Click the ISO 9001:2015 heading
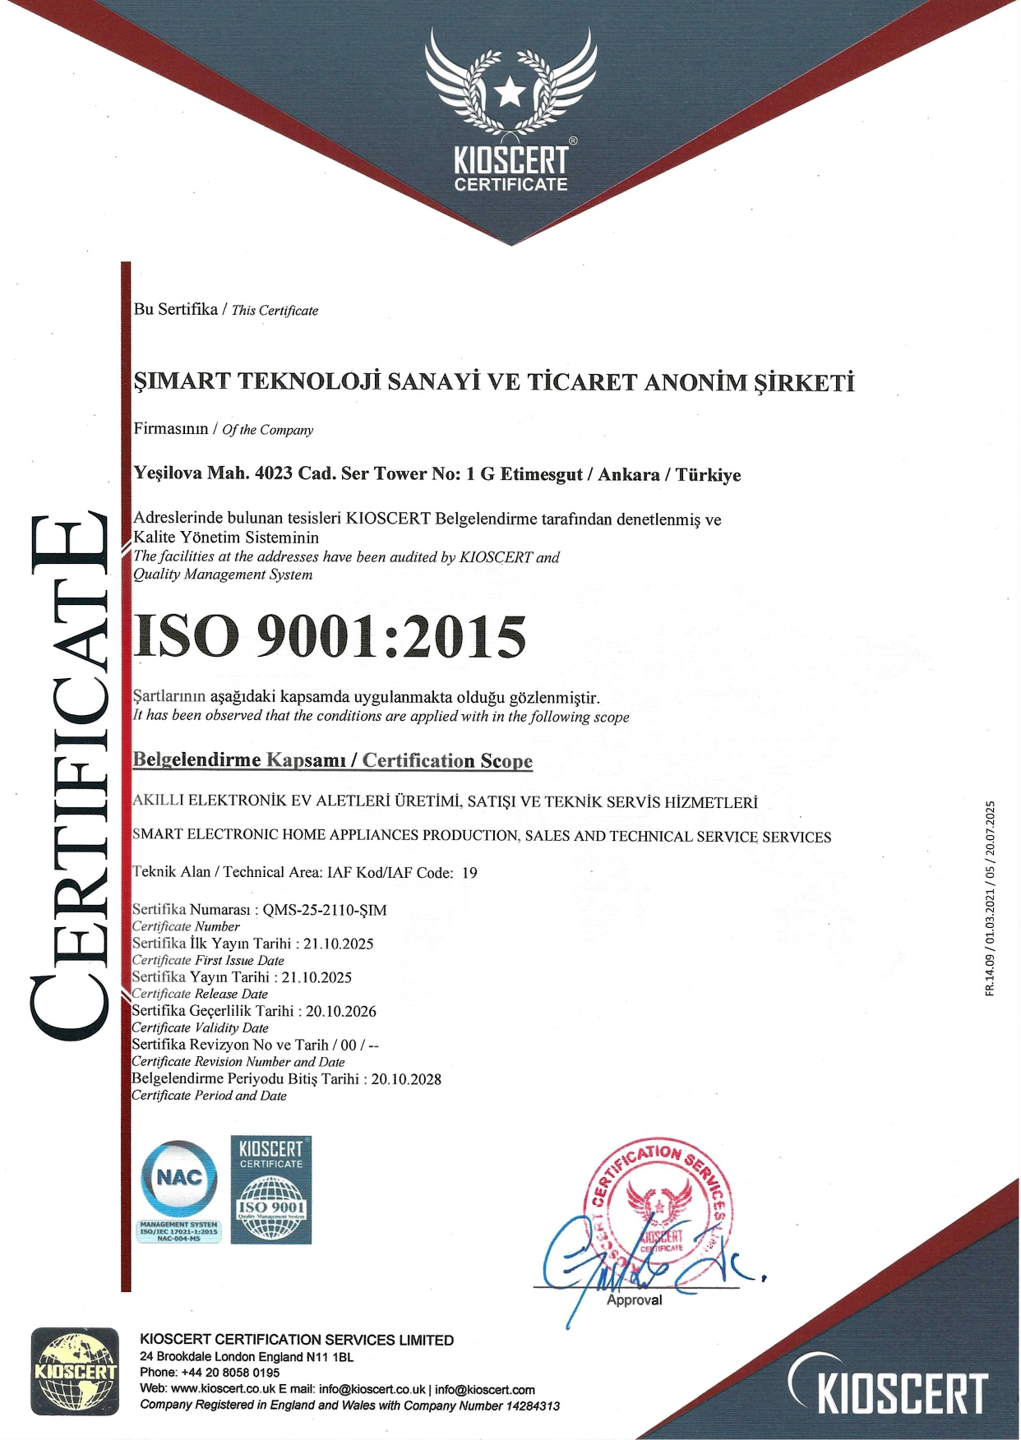[x=329, y=637]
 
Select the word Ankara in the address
[x=628, y=474]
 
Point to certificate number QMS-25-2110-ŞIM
[x=324, y=910]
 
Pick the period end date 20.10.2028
[x=406, y=1078]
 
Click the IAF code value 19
[x=469, y=872]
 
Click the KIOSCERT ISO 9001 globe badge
[x=271, y=1190]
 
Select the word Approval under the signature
[x=634, y=1300]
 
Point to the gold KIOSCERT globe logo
[x=74, y=1371]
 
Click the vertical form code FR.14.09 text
[x=990, y=898]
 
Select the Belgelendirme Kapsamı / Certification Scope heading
[x=332, y=760]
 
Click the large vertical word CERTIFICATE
[x=70, y=777]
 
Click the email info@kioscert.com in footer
[x=485, y=1389]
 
